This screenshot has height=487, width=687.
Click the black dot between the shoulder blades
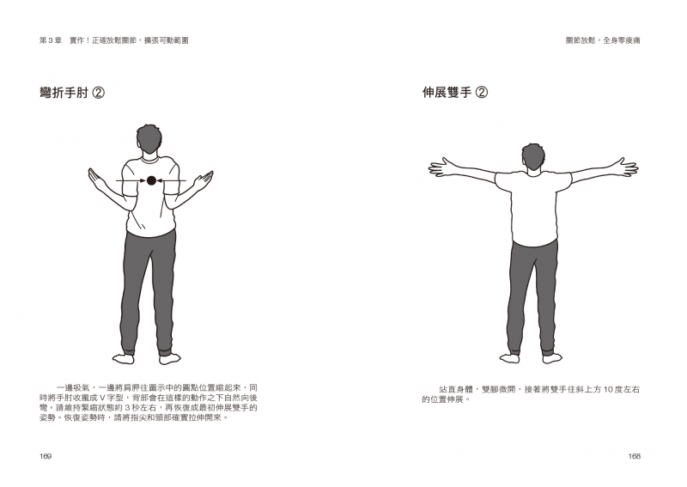click(151, 180)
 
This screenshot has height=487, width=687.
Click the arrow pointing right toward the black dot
click(131, 180)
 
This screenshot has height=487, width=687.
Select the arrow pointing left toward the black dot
click(171, 180)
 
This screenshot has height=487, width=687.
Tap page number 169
click(46, 456)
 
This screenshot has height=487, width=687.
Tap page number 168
click(634, 456)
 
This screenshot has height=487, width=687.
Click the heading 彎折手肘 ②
click(72, 93)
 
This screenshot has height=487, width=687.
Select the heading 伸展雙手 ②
click(455, 93)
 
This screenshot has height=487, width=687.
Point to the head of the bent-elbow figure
click(149, 138)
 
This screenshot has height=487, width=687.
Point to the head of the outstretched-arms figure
click(533, 156)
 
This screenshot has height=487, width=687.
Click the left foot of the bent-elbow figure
click(124, 358)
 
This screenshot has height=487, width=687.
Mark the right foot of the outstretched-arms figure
click(551, 357)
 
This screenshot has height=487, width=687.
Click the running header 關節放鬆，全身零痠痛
click(603, 40)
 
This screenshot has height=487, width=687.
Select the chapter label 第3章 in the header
click(51, 40)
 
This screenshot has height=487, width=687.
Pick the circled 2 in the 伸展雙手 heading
click(482, 93)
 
